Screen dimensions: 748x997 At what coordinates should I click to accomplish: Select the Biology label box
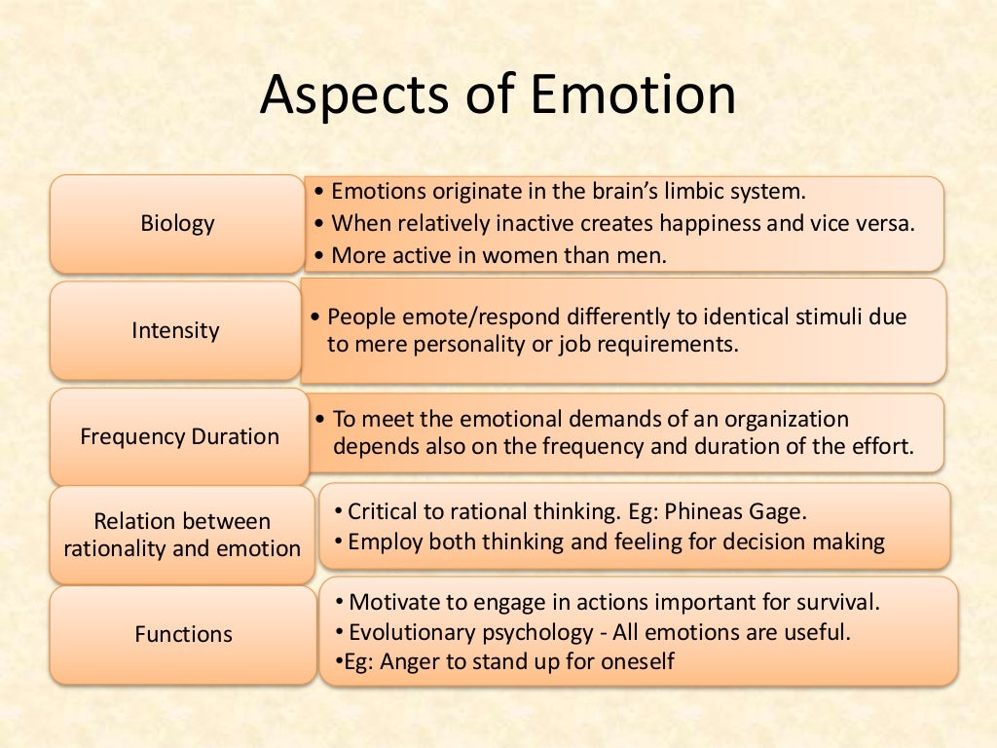(177, 223)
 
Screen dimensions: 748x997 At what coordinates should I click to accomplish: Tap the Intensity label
(175, 330)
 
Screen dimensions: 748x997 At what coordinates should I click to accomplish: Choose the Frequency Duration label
(179, 436)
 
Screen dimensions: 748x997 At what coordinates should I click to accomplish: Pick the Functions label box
(183, 634)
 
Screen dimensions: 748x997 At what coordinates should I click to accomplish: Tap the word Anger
(416, 661)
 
